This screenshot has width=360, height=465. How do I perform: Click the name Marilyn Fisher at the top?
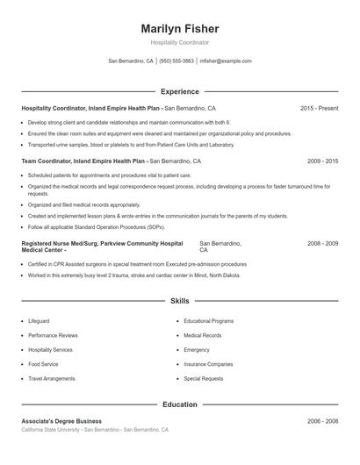coord(179,29)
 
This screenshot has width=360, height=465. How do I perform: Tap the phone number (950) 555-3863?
coord(176,61)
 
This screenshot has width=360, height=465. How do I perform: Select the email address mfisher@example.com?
coord(226,61)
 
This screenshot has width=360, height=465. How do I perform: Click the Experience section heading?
coord(179,91)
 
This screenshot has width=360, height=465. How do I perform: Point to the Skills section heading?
coord(179,301)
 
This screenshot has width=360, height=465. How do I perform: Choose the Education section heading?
coord(179,404)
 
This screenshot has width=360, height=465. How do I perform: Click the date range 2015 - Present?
coord(319,108)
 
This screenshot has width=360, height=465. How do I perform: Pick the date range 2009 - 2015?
coord(322,161)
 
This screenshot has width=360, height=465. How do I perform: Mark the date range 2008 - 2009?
coord(322,242)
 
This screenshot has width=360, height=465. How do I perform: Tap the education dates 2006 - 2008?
coord(322,421)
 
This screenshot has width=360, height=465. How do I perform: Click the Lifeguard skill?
coord(39,321)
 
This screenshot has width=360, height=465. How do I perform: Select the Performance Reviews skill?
coord(53,335)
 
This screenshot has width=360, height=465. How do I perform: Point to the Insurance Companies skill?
coord(208,364)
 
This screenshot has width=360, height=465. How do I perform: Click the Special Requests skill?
coord(203,378)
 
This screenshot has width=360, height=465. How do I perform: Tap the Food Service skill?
coord(43,364)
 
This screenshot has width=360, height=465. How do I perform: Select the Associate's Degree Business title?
coord(61,421)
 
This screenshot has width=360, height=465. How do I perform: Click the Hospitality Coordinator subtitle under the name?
coord(179,42)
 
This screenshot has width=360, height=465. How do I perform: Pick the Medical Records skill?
coord(203,335)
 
